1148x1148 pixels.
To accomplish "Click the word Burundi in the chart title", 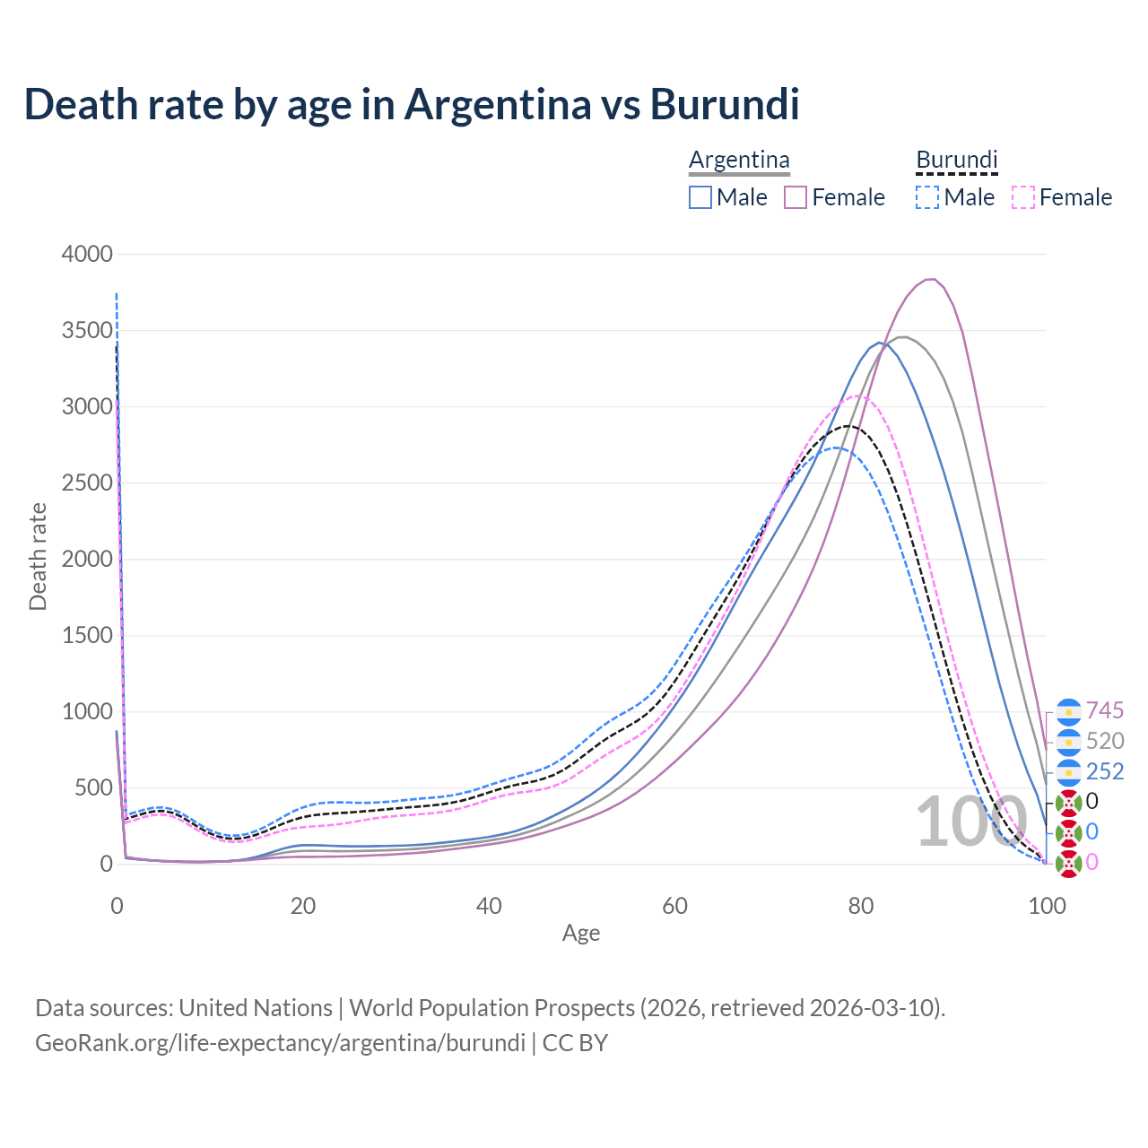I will pyautogui.click(x=724, y=104).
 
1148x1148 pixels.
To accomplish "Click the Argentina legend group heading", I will pyautogui.click(x=739, y=161).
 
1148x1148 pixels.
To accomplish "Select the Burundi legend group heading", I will pyautogui.click(x=956, y=161).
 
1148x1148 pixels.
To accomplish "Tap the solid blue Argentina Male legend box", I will pyautogui.click(x=700, y=197).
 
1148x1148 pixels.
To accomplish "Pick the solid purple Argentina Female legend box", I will pyautogui.click(x=796, y=197).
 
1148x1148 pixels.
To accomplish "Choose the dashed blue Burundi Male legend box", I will pyautogui.click(x=928, y=197).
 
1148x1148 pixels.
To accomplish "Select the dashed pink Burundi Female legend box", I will pyautogui.click(x=1023, y=197).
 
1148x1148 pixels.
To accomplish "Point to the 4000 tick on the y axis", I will pyautogui.click(x=87, y=255).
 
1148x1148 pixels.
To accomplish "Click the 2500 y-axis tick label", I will pyautogui.click(x=87, y=483).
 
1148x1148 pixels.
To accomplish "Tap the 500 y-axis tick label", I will pyautogui.click(x=93, y=788).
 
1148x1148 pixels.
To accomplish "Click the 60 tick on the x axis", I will pyautogui.click(x=674, y=906).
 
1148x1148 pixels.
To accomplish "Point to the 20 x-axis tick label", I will pyautogui.click(x=303, y=906).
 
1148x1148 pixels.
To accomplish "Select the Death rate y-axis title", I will pyautogui.click(x=38, y=557).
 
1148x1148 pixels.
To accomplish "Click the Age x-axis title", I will pyautogui.click(x=581, y=934).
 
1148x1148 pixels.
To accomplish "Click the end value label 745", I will pyautogui.click(x=1105, y=711).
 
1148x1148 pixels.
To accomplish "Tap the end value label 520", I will pyautogui.click(x=1105, y=742).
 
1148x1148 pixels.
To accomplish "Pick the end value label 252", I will pyautogui.click(x=1105, y=772).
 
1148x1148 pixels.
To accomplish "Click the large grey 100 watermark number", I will pyautogui.click(x=970, y=822).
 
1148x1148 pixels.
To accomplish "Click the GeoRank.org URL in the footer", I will pyautogui.click(x=280, y=1043).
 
